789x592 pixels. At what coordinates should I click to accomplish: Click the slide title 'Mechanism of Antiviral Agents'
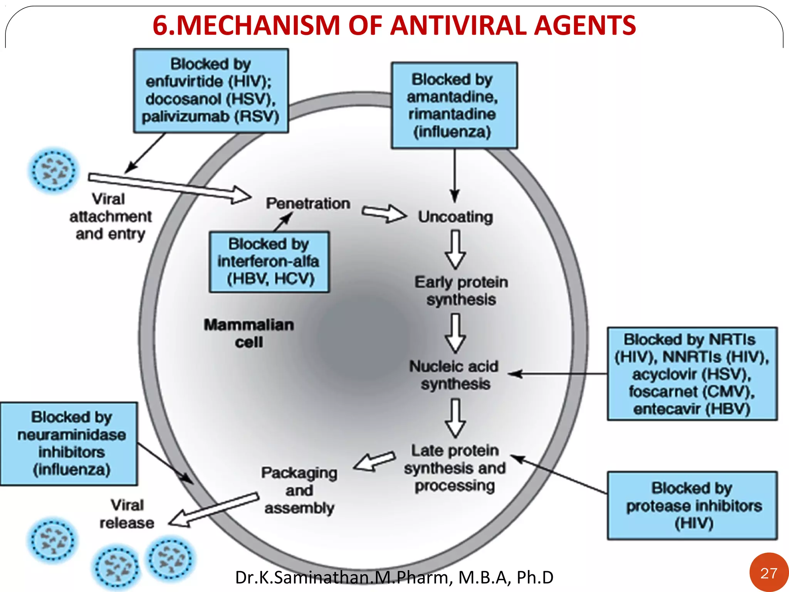click(x=394, y=25)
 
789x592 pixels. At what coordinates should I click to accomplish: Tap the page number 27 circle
click(x=769, y=573)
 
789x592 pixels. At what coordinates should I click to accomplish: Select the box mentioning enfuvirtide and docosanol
click(x=211, y=91)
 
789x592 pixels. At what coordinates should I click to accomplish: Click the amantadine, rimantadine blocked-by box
click(x=454, y=105)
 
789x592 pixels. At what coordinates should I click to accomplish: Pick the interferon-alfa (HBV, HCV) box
click(x=269, y=262)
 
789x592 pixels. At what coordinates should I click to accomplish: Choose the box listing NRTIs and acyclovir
click(x=692, y=374)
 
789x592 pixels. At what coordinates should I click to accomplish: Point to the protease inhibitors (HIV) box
click(x=692, y=505)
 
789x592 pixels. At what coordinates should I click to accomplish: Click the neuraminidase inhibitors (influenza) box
click(x=69, y=444)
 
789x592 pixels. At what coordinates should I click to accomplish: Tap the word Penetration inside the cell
click(x=308, y=203)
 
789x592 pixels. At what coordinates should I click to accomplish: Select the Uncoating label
click(x=455, y=217)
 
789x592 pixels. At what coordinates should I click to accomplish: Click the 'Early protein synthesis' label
click(x=461, y=291)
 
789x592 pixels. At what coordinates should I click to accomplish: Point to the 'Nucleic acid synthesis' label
click(x=454, y=375)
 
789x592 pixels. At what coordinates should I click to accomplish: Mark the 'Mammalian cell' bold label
click(x=249, y=333)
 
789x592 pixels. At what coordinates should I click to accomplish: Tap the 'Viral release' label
click(x=127, y=514)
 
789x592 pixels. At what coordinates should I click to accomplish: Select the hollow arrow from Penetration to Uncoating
click(x=384, y=213)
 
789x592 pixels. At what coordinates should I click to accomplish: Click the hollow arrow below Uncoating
click(x=455, y=250)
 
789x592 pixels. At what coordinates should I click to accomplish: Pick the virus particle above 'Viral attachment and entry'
click(x=54, y=170)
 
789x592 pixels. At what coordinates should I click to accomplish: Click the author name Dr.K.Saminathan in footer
click(x=304, y=577)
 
